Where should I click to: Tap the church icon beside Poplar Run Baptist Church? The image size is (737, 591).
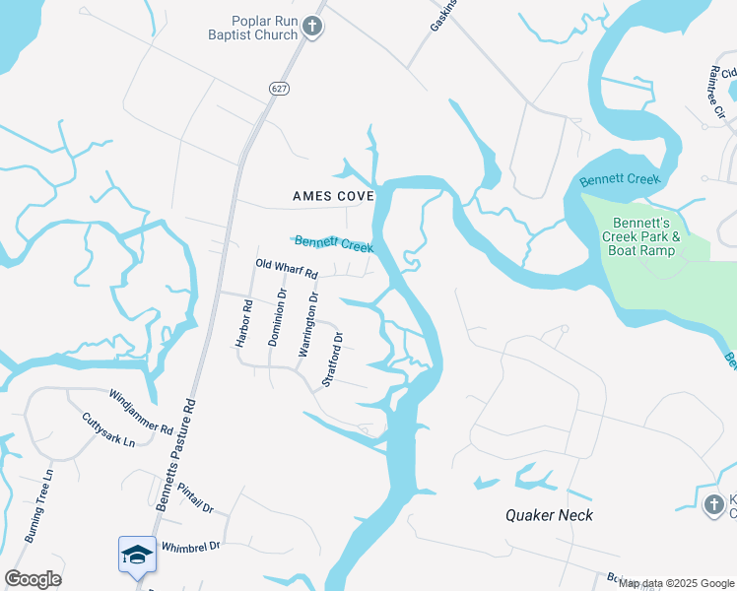312,27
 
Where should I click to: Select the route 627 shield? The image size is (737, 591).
280,88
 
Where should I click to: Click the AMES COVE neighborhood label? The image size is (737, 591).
333,196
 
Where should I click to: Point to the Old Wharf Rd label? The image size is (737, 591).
287,268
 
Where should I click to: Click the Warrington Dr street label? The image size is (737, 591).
308,324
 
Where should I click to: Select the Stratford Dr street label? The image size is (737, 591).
333,360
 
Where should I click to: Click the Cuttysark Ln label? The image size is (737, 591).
108,431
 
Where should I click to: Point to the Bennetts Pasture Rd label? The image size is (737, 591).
175,453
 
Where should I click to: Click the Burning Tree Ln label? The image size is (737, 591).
37,509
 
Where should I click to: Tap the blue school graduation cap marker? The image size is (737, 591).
137,555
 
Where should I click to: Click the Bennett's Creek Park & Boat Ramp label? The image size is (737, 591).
647,236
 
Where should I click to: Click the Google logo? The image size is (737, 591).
33,578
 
